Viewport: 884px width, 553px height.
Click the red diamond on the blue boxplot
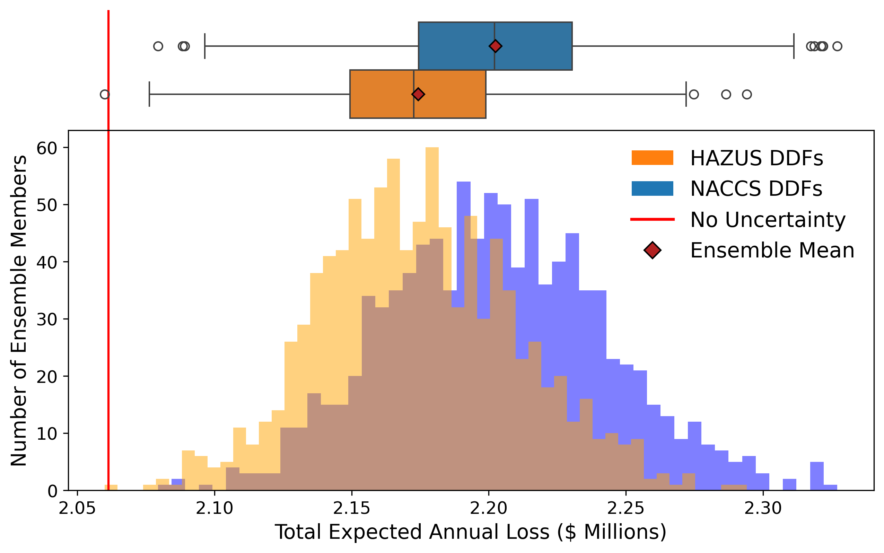[495, 46]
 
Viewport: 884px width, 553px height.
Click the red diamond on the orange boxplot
[418, 94]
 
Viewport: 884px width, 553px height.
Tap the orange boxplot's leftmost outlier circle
[105, 94]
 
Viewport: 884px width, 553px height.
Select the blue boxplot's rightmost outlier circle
[837, 46]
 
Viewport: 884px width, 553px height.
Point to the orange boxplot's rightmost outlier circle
[747, 94]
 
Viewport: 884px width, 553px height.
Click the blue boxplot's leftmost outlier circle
[158, 46]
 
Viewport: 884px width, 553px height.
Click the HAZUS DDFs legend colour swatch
[652, 158]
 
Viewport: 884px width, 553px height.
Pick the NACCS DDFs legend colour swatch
[652, 189]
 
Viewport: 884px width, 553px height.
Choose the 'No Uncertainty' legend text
[768, 220]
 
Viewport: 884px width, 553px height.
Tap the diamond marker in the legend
[653, 251]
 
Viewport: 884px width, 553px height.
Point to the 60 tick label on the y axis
[47, 148]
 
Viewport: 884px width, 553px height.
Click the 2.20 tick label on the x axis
[489, 509]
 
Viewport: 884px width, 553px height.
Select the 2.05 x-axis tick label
[77, 509]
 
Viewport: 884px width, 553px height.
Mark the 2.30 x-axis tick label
[763, 509]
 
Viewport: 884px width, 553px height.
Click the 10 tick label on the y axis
[47, 434]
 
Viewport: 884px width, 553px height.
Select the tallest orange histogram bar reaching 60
[432, 292]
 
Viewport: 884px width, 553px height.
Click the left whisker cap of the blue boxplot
[205, 46]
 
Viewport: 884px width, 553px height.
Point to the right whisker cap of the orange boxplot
[686, 94]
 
